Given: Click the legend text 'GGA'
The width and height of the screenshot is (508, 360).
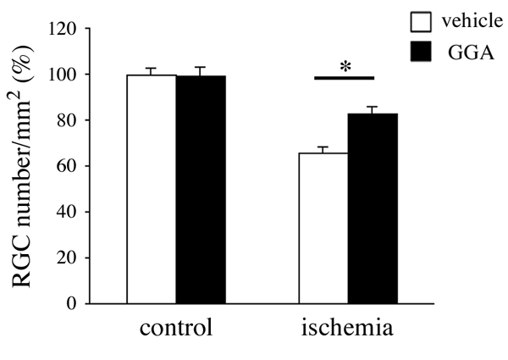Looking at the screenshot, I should click(x=464, y=53).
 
